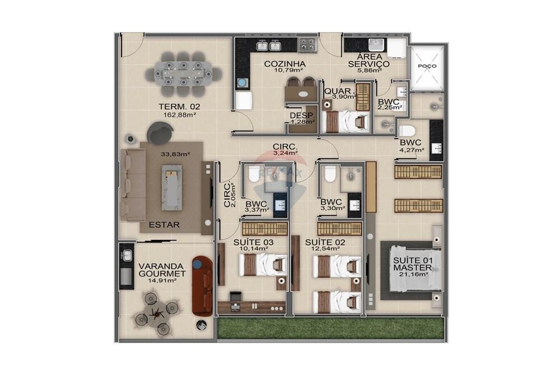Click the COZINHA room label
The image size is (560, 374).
[x=284, y=64]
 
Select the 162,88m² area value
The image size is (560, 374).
[x=179, y=115]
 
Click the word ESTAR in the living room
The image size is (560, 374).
[x=164, y=225]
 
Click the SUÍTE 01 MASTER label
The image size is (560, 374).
[x=410, y=264]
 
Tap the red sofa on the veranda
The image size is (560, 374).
[x=202, y=286]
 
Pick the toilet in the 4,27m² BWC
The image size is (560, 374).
[x=406, y=131]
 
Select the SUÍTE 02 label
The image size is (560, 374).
[x=325, y=242]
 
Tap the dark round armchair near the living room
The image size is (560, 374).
[x=160, y=134]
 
